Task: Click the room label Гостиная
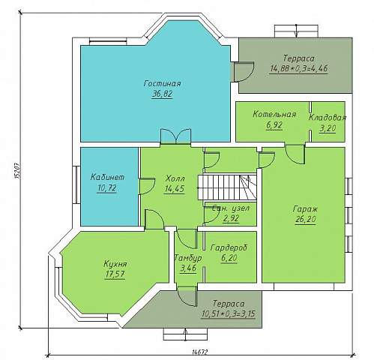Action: tap(162, 83)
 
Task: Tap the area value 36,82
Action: tap(162, 94)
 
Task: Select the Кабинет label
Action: tap(107, 177)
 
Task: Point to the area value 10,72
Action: tap(107, 187)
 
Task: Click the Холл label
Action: tap(175, 178)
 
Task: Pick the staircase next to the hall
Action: tap(227, 187)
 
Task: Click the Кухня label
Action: tap(115, 264)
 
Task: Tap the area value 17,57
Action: tap(115, 274)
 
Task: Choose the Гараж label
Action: tap(305, 209)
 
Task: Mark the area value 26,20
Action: tap(305, 219)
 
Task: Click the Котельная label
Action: tap(274, 114)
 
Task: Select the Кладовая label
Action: tap(328, 118)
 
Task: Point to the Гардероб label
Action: tap(229, 247)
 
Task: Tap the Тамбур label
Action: tap(188, 257)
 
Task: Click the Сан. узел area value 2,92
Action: tap(231, 219)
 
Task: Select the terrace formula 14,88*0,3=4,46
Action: tap(299, 68)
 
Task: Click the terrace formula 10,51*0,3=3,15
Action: tap(228, 313)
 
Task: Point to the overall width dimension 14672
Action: tap(200, 352)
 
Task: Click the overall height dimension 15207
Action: tap(17, 170)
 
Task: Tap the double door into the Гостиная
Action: tap(175, 136)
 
